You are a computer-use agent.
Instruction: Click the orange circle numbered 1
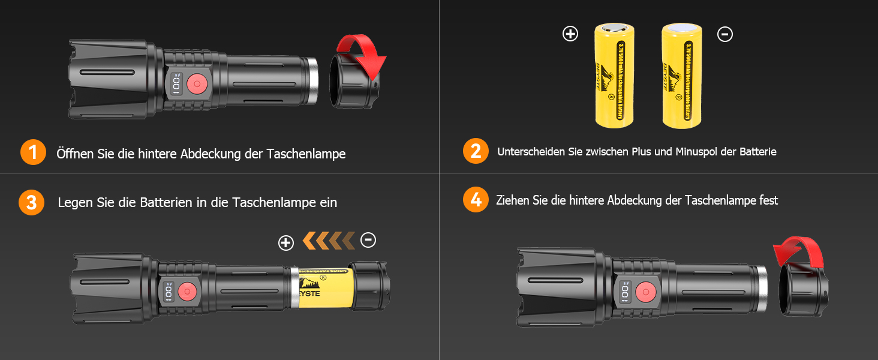pos(33,152)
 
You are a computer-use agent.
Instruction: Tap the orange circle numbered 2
pos(476,151)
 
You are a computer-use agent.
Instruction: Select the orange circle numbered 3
pos(31,202)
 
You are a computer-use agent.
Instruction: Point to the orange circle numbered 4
pos(476,200)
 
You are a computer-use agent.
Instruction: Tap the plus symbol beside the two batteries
pos(570,34)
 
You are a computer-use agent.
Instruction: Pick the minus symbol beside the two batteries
pos(724,34)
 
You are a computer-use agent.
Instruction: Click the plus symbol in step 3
pos(286,242)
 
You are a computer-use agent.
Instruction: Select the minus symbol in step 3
pos(368,240)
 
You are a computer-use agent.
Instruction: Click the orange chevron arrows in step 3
pos(329,241)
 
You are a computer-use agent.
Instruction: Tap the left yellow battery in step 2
pos(614,75)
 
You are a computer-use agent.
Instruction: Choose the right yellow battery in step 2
pos(681,75)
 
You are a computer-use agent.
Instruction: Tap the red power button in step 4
pos(645,292)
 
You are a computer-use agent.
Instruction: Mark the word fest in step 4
pos(768,200)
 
